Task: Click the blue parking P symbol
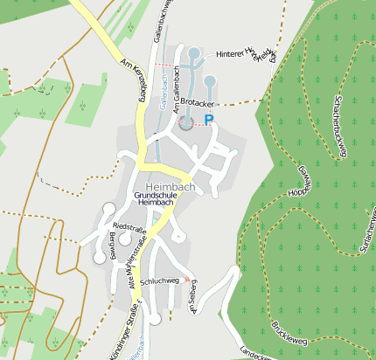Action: pyautogui.click(x=209, y=120)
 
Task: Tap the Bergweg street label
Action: pyautogui.click(x=111, y=247)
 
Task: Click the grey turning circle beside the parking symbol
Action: pyautogui.click(x=186, y=123)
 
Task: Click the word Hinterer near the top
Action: pyautogui.click(x=233, y=54)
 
